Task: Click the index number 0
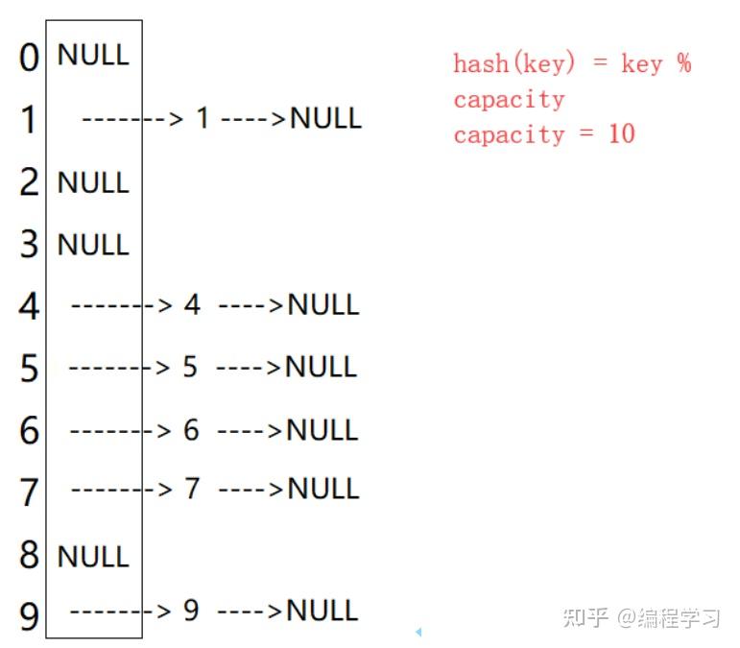coord(30,58)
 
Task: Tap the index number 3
coord(30,244)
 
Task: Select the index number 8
coord(30,556)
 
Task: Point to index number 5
coord(30,368)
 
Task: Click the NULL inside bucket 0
coord(93,54)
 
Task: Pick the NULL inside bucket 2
coord(93,182)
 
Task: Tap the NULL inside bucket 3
coord(93,245)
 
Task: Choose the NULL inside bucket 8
coord(93,556)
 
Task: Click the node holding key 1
coord(203,119)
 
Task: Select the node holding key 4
coord(192,305)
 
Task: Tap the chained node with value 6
coord(191,430)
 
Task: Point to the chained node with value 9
coord(191,610)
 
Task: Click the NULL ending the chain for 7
coord(323,490)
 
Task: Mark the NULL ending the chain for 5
coord(321,367)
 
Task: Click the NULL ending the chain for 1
coord(325,119)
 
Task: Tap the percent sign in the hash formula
coord(682,64)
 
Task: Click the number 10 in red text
coord(621,134)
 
